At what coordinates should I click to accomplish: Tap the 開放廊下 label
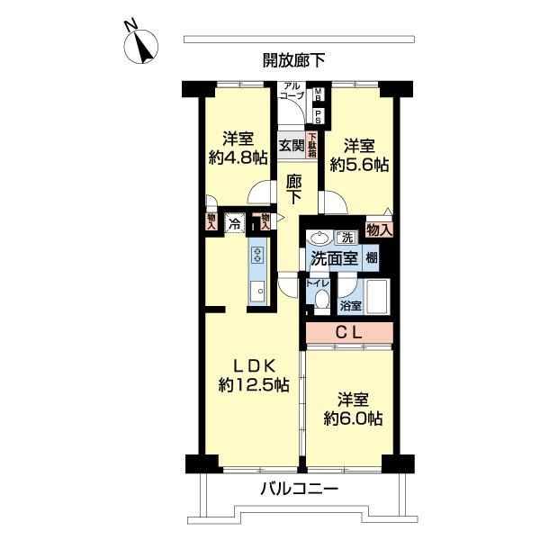click(x=294, y=60)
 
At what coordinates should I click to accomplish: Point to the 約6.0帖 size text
click(x=353, y=418)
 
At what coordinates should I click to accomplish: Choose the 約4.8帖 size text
click(x=238, y=157)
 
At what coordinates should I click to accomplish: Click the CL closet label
click(x=349, y=332)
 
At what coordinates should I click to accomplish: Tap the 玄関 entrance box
click(x=290, y=145)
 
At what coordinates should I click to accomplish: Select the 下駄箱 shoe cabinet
click(x=312, y=144)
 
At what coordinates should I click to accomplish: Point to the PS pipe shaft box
click(x=317, y=115)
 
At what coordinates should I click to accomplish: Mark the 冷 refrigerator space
click(x=234, y=222)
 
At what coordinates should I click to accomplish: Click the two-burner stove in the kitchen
click(x=256, y=254)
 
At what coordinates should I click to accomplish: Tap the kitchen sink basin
click(x=257, y=291)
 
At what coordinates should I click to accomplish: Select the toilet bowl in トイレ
click(x=321, y=300)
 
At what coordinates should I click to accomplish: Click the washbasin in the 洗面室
click(x=318, y=238)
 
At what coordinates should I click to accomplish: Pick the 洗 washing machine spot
click(x=346, y=238)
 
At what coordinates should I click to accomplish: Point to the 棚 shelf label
click(x=371, y=257)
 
